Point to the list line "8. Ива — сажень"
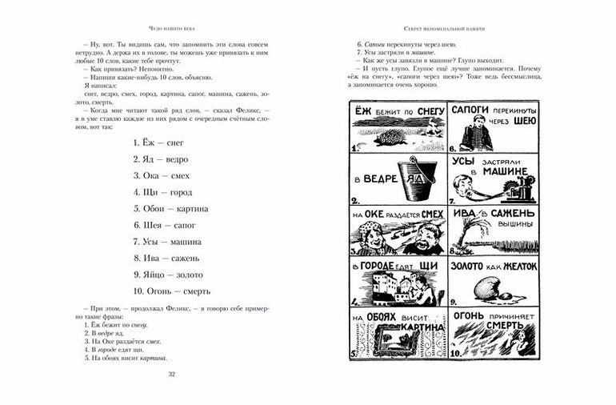(x=166, y=258)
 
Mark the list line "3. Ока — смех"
(x=162, y=174)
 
